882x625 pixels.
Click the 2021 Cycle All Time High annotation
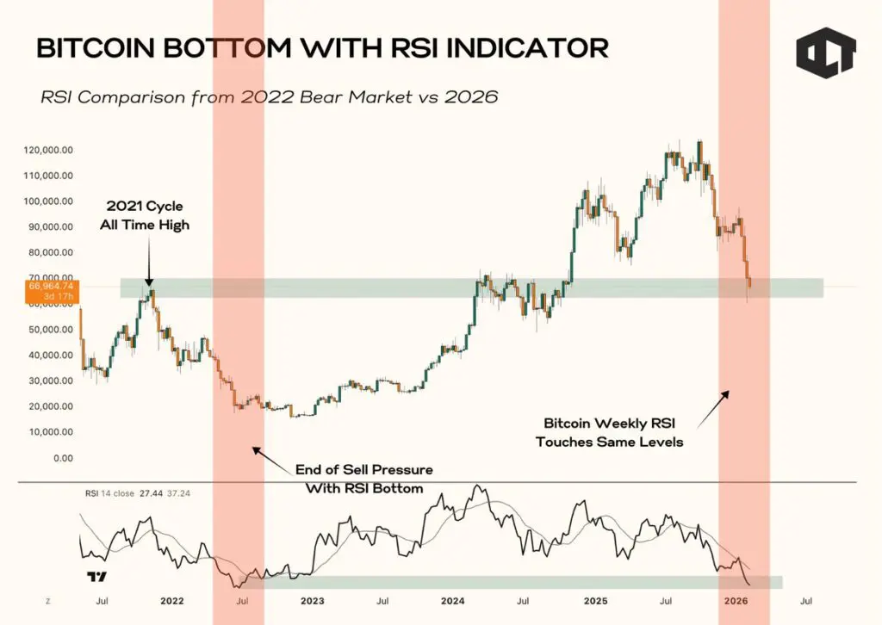click(145, 216)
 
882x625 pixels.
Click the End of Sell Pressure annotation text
click(363, 479)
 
